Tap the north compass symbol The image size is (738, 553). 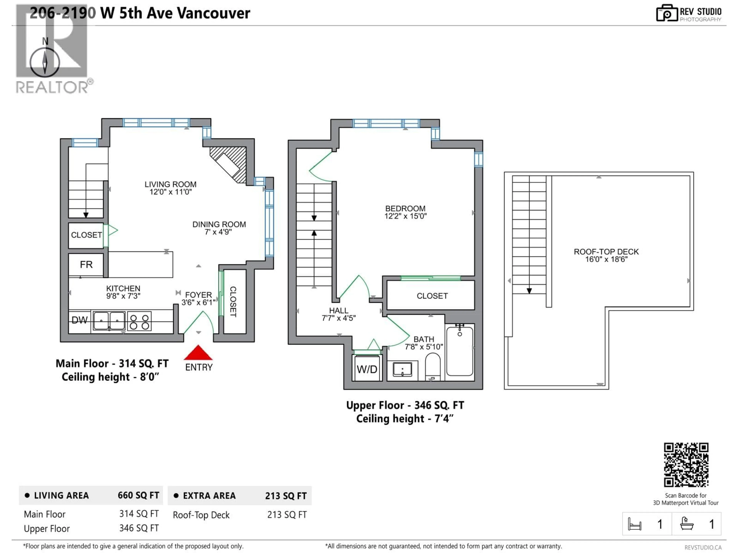(45, 62)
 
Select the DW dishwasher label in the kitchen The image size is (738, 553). (79, 320)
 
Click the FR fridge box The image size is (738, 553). (86, 265)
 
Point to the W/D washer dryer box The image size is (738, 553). (367, 369)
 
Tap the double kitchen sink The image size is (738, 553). (109, 321)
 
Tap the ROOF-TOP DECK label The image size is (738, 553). (606, 252)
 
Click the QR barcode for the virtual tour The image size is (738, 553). (686, 465)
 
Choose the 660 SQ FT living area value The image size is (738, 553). (138, 495)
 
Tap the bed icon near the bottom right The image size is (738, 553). (634, 524)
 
